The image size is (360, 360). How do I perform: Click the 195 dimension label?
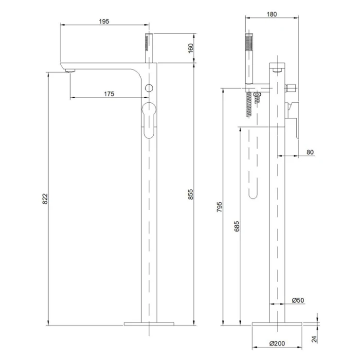click(x=104, y=21)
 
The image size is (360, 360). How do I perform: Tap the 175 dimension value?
click(x=109, y=94)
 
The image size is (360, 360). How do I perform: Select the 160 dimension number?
click(x=191, y=48)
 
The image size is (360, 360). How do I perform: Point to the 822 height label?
click(x=45, y=199)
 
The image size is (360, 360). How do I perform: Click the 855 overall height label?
click(x=191, y=194)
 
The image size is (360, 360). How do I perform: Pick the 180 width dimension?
click(x=271, y=14)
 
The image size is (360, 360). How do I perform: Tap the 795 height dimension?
click(x=219, y=207)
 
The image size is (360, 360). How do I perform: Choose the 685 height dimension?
click(x=237, y=226)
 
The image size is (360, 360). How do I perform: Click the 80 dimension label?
click(x=310, y=152)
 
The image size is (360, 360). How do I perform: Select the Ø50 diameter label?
click(x=298, y=300)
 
